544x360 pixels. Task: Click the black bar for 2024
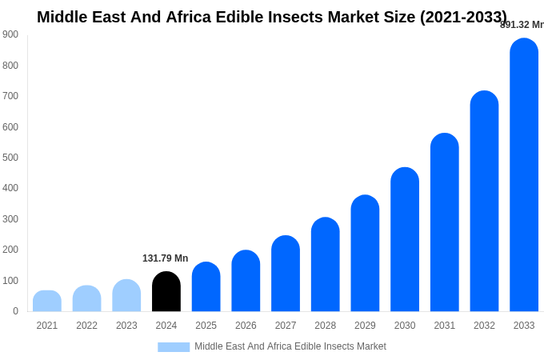click(x=166, y=292)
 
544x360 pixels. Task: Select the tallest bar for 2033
click(x=524, y=176)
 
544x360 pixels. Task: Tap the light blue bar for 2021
click(x=47, y=302)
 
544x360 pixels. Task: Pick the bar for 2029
click(x=365, y=254)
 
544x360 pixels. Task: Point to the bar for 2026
click(x=246, y=282)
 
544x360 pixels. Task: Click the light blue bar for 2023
click(x=126, y=296)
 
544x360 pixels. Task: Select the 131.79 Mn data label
click(x=165, y=258)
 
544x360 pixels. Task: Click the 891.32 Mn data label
click(x=522, y=25)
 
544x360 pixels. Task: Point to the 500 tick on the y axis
click(x=10, y=158)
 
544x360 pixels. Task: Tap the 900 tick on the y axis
click(x=10, y=34)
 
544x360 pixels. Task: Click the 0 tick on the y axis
click(x=15, y=311)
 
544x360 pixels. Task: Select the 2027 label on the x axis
click(x=286, y=326)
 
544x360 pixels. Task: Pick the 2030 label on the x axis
click(x=405, y=326)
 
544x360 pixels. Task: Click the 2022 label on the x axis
click(x=86, y=326)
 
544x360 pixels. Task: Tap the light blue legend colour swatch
click(x=174, y=347)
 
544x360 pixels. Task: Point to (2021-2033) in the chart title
click(x=463, y=17)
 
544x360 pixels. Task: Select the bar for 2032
click(x=484, y=202)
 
